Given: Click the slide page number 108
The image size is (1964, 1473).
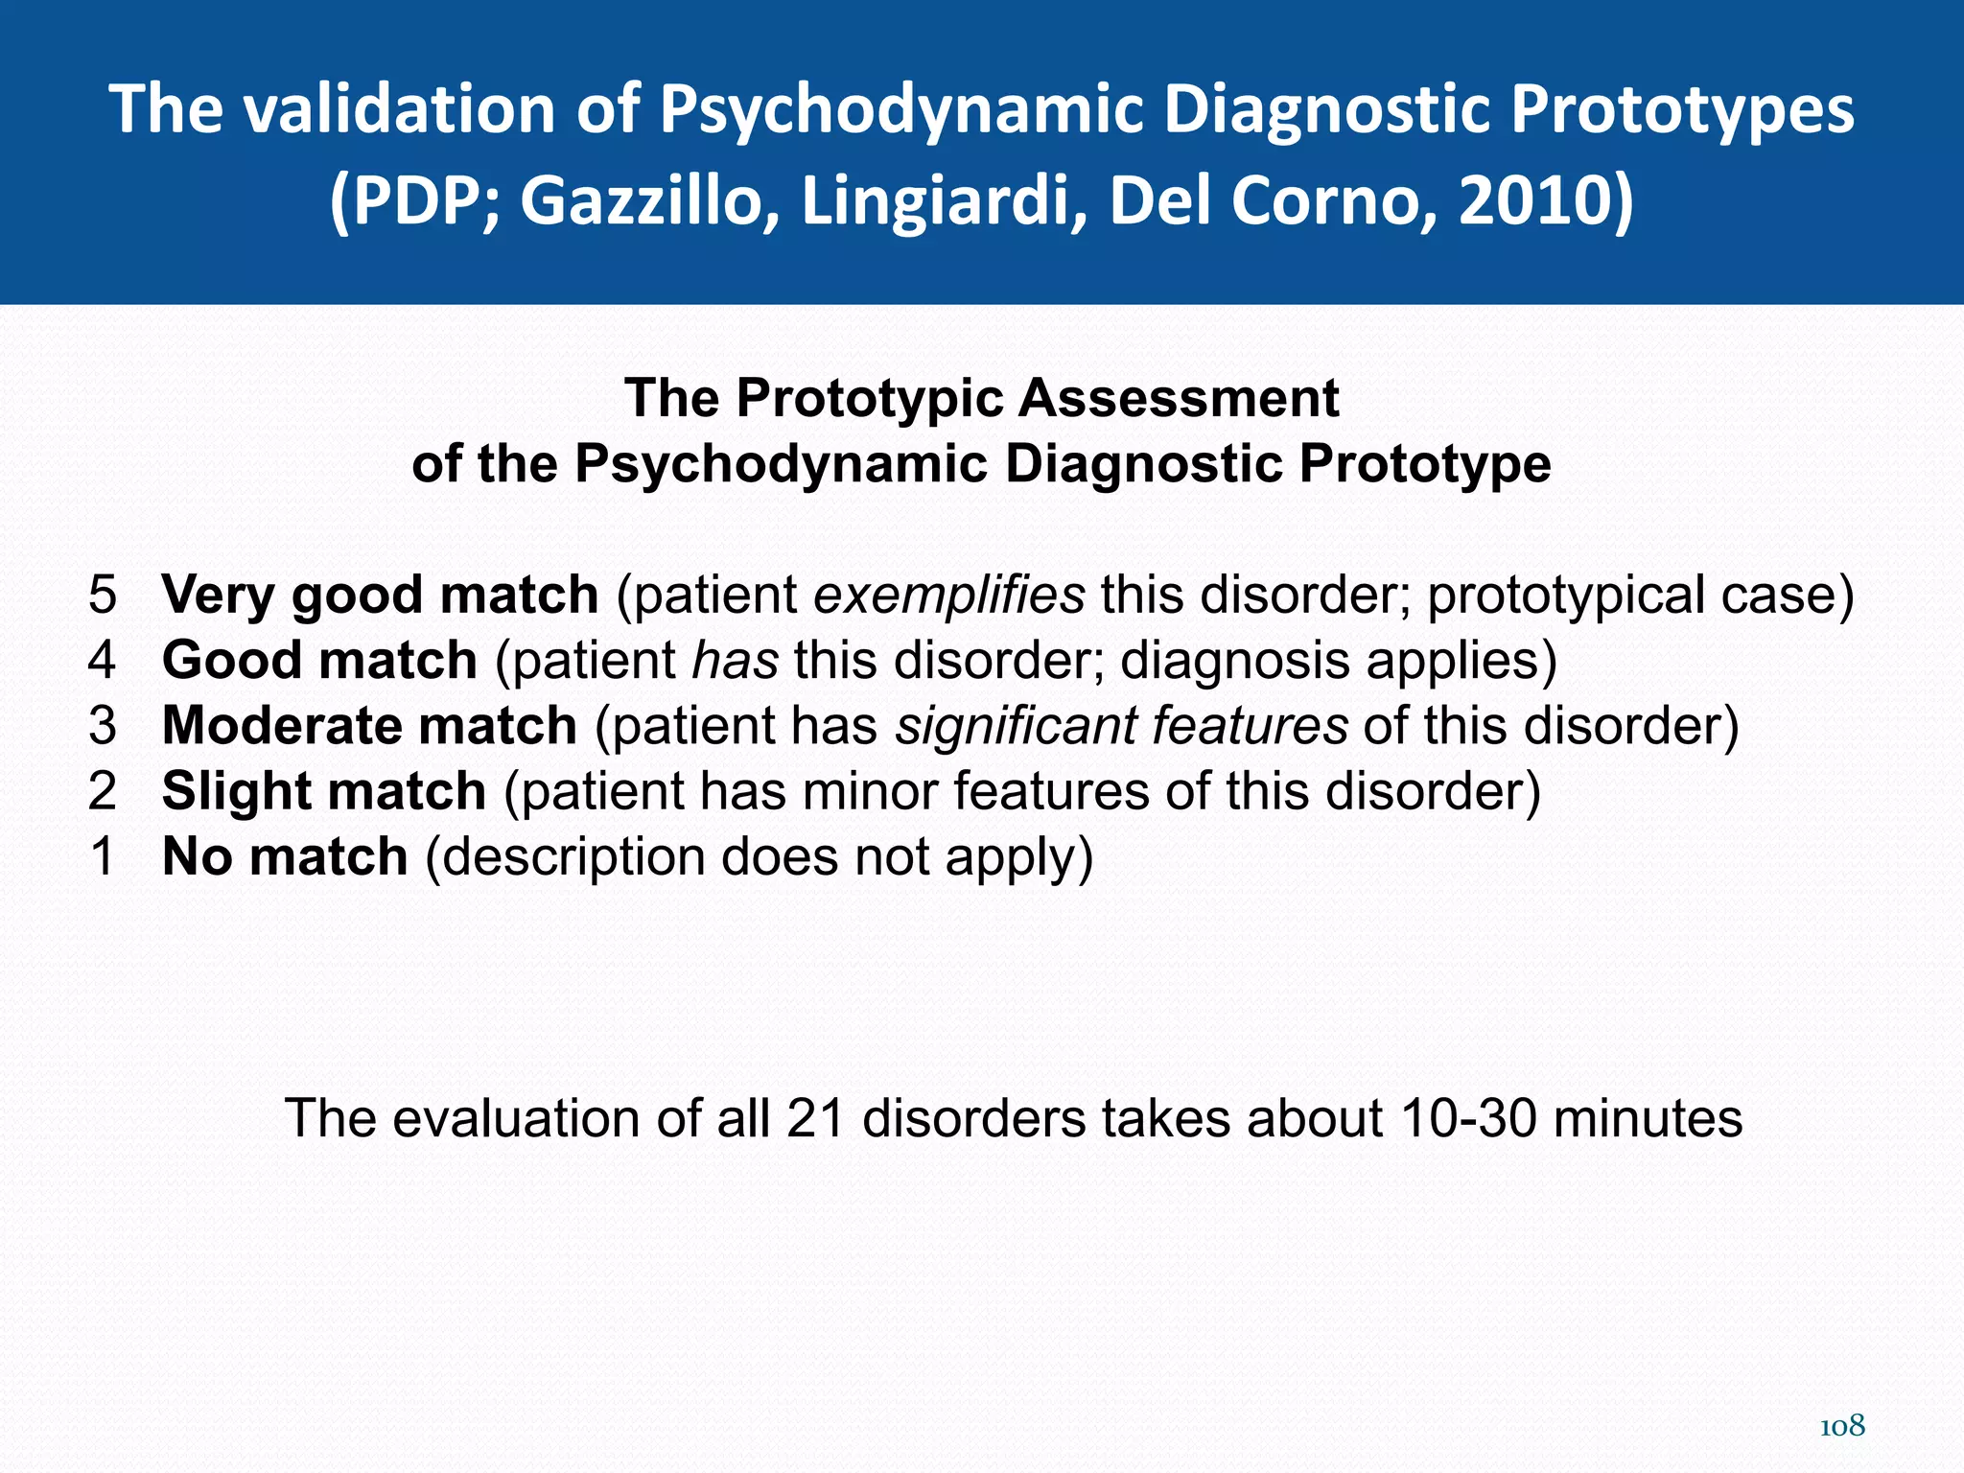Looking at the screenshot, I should pos(1841,1427).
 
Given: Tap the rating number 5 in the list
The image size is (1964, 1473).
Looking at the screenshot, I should pos(103,595).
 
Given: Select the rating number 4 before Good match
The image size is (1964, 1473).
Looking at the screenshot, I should pos(103,661).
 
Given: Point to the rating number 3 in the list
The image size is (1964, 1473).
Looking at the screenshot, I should pos(103,726).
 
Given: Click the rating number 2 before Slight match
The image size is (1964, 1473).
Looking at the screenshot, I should pos(103,791).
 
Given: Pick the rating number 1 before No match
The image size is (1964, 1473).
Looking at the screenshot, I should pos(103,856).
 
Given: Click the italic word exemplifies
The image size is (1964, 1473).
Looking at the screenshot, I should pos(949,595).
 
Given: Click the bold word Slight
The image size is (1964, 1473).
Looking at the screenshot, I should pos(234,791).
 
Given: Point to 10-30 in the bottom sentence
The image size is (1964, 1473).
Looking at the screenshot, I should pos(1465,1118).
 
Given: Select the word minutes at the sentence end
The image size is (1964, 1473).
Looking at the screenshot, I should pos(1647,1118).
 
